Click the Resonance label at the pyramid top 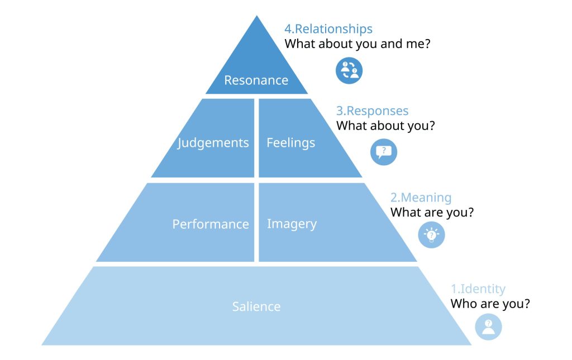(256, 80)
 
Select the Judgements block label (213, 143)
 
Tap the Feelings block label (290, 143)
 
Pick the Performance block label (210, 224)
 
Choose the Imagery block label (292, 224)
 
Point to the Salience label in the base (256, 306)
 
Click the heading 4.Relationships (328, 29)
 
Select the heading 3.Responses (372, 111)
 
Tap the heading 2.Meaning (421, 198)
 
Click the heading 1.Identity (478, 289)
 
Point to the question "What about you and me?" (357, 44)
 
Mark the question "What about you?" (385, 126)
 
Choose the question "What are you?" (432, 213)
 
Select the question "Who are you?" (490, 304)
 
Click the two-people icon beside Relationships (349, 70)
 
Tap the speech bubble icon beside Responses (384, 152)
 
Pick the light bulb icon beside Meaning (432, 235)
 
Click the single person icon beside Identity (488, 327)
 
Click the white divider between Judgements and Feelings (256, 138)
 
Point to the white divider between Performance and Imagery (256, 222)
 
